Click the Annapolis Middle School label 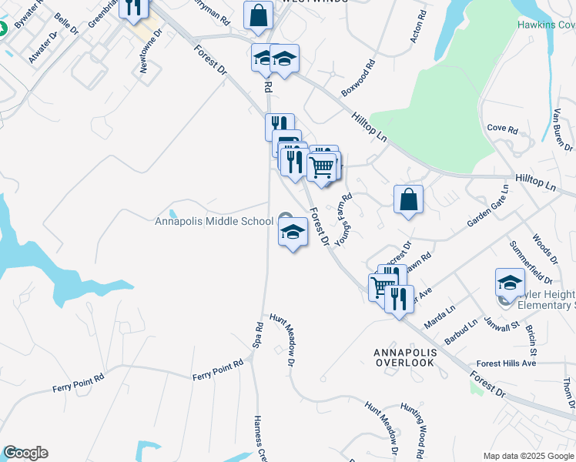click(214, 221)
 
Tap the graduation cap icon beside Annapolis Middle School click(293, 232)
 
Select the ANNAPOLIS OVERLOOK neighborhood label click(404, 357)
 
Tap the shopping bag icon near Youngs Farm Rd click(408, 199)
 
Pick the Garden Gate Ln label click(488, 206)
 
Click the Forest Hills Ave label click(505, 363)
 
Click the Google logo click(25, 453)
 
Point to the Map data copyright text click(528, 455)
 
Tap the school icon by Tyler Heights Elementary click(510, 283)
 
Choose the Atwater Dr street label click(42, 48)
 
